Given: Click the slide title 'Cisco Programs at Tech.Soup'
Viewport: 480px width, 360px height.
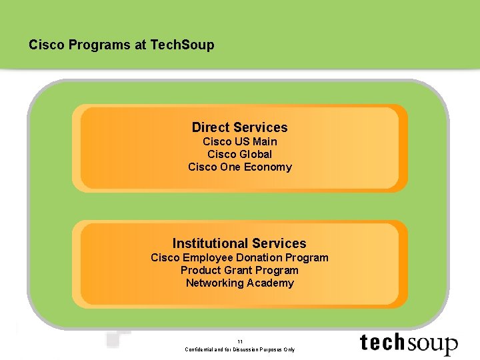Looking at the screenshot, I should point(121,45).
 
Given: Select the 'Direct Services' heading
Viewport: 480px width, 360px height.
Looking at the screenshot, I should point(239,127).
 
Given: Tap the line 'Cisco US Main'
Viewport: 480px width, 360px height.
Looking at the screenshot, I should point(239,141).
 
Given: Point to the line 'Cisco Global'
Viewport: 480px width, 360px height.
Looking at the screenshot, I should point(239,154).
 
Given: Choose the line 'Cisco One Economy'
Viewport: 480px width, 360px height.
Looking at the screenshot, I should point(239,167).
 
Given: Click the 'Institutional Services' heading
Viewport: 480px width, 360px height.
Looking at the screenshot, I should point(239,243).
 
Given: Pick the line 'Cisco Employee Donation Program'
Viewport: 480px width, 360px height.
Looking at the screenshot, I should point(239,257).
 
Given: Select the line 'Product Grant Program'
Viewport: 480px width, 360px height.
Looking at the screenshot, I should point(239,270).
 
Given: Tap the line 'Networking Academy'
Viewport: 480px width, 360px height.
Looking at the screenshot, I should point(239,283).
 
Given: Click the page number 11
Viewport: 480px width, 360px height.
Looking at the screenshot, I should point(239,341).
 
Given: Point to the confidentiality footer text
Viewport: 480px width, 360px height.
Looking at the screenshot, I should point(239,349).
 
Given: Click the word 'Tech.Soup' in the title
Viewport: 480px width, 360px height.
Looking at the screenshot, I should point(183,45).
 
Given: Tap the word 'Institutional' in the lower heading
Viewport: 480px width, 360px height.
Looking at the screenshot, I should point(207,243).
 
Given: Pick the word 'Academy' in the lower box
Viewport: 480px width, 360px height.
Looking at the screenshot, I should point(271,283).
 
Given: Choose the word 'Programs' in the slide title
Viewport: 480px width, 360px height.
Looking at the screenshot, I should point(107,45).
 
